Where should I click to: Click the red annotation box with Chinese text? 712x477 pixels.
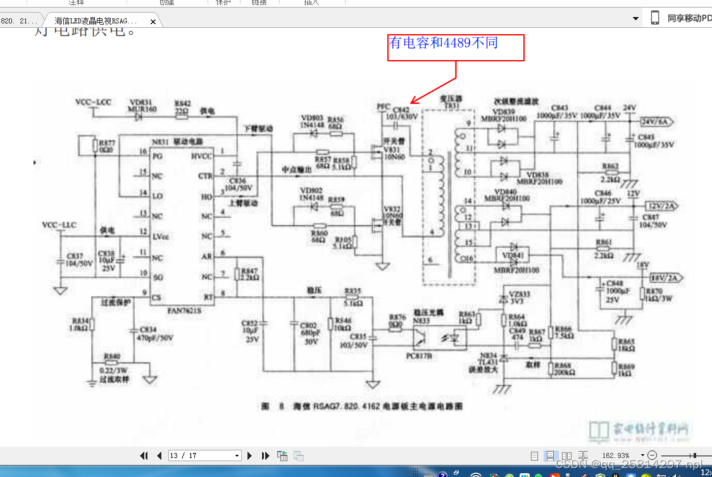(x=456, y=47)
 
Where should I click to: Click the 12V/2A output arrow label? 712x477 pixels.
(x=659, y=206)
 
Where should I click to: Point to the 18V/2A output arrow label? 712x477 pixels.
(x=661, y=276)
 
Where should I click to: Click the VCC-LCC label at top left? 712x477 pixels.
(x=93, y=102)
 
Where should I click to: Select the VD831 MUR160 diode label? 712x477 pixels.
(x=142, y=106)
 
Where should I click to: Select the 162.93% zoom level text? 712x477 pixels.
(x=615, y=455)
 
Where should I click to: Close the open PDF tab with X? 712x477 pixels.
(x=153, y=22)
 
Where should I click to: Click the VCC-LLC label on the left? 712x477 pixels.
(x=59, y=225)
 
